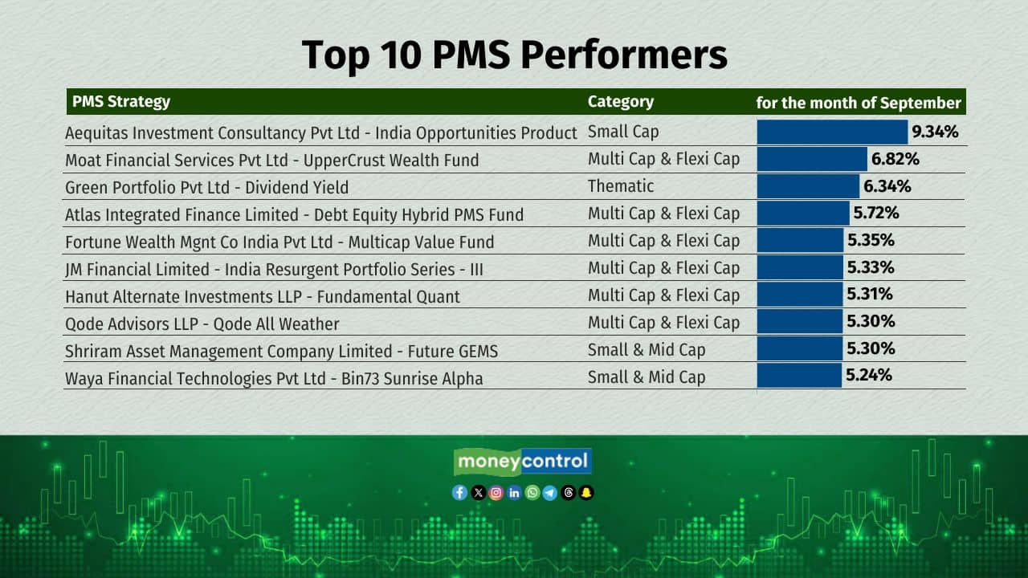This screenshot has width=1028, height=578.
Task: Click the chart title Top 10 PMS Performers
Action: tap(515, 55)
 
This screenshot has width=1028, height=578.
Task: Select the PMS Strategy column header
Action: tap(121, 101)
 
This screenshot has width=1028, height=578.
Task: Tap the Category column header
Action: tap(621, 101)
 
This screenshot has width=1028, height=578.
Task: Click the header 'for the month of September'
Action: tap(859, 103)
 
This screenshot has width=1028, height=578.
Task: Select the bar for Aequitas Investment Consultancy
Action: tap(832, 132)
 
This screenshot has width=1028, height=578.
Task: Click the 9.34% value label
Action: tap(935, 132)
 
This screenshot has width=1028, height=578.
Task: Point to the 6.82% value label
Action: tap(895, 159)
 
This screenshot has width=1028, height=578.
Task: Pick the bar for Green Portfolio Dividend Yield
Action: tap(808, 186)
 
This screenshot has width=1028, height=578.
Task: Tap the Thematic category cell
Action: tap(621, 185)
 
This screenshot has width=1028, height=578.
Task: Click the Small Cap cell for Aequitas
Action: tap(623, 132)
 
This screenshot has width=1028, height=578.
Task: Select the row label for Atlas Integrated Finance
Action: tap(294, 214)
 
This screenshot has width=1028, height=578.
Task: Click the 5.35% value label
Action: tap(871, 240)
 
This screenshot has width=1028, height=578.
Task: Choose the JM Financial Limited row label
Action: tap(274, 269)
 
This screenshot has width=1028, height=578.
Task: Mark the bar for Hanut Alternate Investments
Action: tap(799, 295)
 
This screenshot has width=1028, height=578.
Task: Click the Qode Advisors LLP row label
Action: tap(202, 324)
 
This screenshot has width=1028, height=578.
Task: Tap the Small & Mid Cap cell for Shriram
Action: tap(647, 350)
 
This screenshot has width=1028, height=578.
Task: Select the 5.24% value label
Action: tap(869, 375)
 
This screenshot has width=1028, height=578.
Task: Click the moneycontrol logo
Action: tap(522, 462)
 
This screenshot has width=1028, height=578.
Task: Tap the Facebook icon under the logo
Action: tap(459, 493)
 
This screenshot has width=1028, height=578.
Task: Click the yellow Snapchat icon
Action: tap(586, 493)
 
